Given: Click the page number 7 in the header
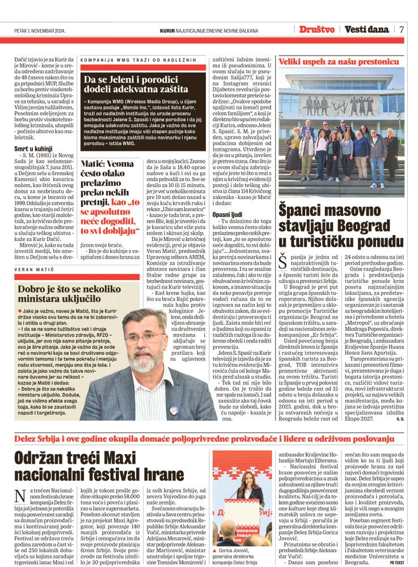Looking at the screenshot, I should click(401, 29).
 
